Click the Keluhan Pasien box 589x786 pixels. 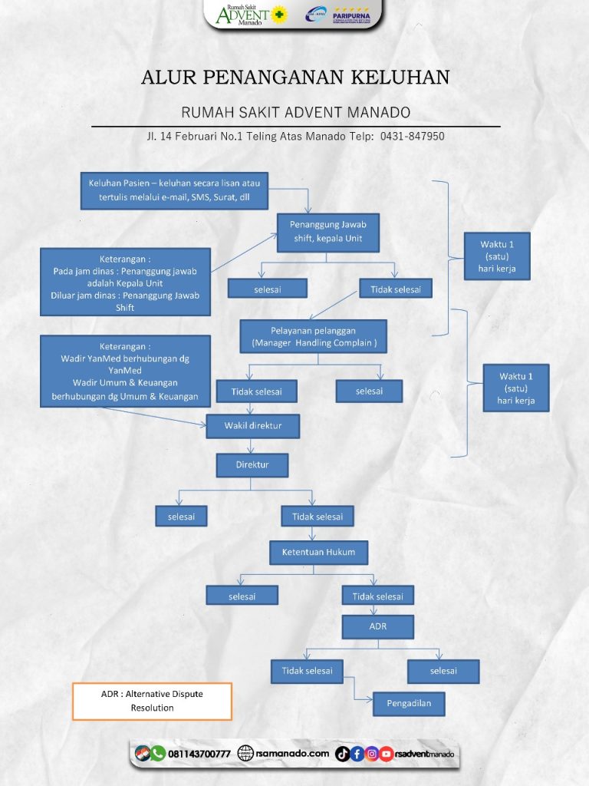point(174,190)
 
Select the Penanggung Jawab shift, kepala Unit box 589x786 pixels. point(327,232)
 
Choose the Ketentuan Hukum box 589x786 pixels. point(318,552)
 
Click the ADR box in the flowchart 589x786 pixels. point(377,626)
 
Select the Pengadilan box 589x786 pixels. point(408,703)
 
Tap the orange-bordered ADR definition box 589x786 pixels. point(152,701)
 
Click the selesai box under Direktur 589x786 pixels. point(181,517)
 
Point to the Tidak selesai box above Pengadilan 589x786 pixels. point(307,670)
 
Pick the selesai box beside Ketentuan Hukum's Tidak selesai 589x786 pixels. point(242,596)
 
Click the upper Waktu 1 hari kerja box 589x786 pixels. point(495,256)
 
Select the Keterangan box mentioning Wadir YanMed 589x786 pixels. point(125,371)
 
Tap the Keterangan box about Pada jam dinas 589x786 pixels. point(125,281)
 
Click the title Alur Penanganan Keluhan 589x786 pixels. point(295,78)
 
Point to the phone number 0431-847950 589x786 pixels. point(413,136)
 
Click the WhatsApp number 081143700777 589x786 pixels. point(199,754)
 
